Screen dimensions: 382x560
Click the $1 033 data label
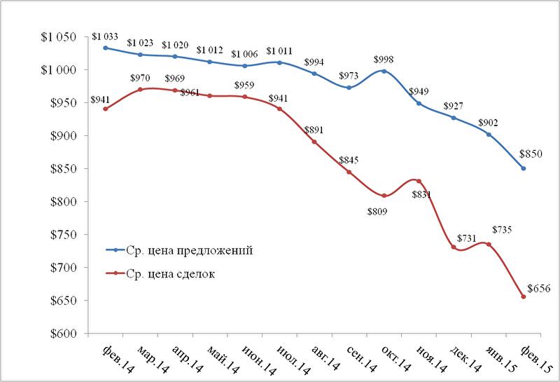(x=105, y=36)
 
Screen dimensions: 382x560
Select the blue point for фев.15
(x=524, y=168)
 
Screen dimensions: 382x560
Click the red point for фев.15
(x=524, y=296)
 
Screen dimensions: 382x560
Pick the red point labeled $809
(x=384, y=196)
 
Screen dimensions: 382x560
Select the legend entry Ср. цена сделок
(x=172, y=274)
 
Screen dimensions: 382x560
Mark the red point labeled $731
(x=454, y=247)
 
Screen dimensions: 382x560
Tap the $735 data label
(x=503, y=230)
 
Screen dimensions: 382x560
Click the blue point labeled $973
(x=349, y=88)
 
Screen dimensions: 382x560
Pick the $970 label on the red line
(x=139, y=76)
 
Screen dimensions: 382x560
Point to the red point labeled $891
(x=314, y=142)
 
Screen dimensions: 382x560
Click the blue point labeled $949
(x=419, y=103)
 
